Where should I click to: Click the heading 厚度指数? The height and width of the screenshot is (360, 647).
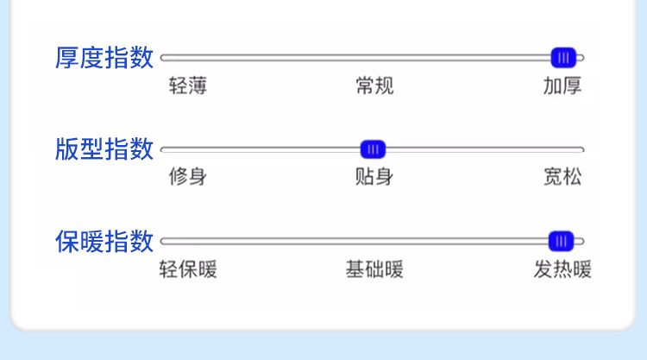point(104,57)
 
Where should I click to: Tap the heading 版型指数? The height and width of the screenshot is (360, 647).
point(104,149)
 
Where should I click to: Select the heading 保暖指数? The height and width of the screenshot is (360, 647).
point(104,241)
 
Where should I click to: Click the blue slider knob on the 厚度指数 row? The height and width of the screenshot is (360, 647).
point(563,58)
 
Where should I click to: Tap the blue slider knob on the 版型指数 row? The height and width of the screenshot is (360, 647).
point(373,149)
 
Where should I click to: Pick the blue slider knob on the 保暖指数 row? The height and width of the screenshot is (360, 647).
point(562,242)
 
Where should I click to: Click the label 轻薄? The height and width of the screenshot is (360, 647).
point(188,85)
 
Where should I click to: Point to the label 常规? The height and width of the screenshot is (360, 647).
point(374,85)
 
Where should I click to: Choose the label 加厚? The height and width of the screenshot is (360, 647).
point(562,85)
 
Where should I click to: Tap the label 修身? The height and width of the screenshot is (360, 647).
point(188,177)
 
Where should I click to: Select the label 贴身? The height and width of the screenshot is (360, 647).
point(374,177)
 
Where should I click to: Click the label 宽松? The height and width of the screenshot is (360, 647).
point(562,177)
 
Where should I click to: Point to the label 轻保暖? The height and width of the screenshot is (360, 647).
point(188,269)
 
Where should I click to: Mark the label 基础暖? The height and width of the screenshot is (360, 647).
point(374,269)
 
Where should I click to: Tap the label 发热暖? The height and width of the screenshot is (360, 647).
point(562,269)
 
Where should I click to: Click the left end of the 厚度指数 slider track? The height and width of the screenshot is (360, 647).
point(162,58)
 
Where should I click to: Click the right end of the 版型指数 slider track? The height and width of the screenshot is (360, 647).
point(582,149)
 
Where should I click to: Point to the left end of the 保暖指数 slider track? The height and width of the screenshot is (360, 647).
point(162,242)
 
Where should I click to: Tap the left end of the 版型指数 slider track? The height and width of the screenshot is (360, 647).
point(162,149)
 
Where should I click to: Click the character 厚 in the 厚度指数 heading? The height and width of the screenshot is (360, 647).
point(66,57)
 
